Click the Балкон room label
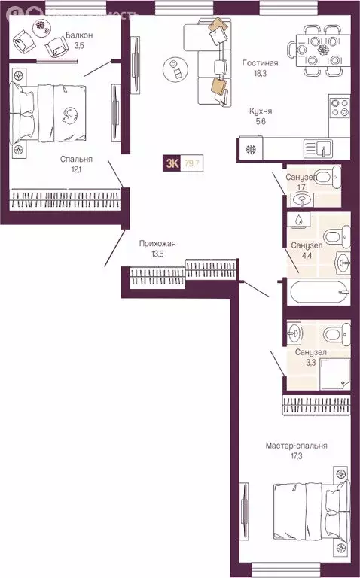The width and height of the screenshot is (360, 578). point(79,35)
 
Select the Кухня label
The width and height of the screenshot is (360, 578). point(261,111)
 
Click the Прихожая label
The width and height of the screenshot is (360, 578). point(157,243)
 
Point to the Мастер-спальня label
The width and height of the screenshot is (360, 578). point(296,446)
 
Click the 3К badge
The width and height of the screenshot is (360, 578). point(172,161)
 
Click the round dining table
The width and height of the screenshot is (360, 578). point(325,50)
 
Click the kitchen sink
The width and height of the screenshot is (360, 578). point(316,148)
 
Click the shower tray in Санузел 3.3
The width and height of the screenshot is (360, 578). point(335,374)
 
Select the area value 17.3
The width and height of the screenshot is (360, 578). point(296,457)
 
